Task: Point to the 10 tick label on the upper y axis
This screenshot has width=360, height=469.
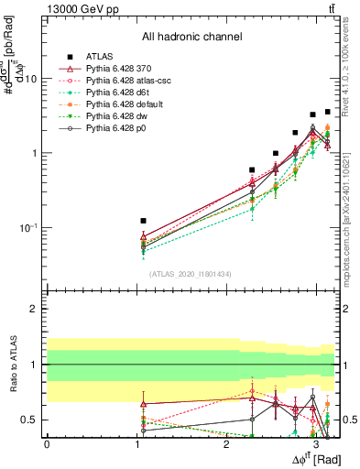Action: coord(31,79)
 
